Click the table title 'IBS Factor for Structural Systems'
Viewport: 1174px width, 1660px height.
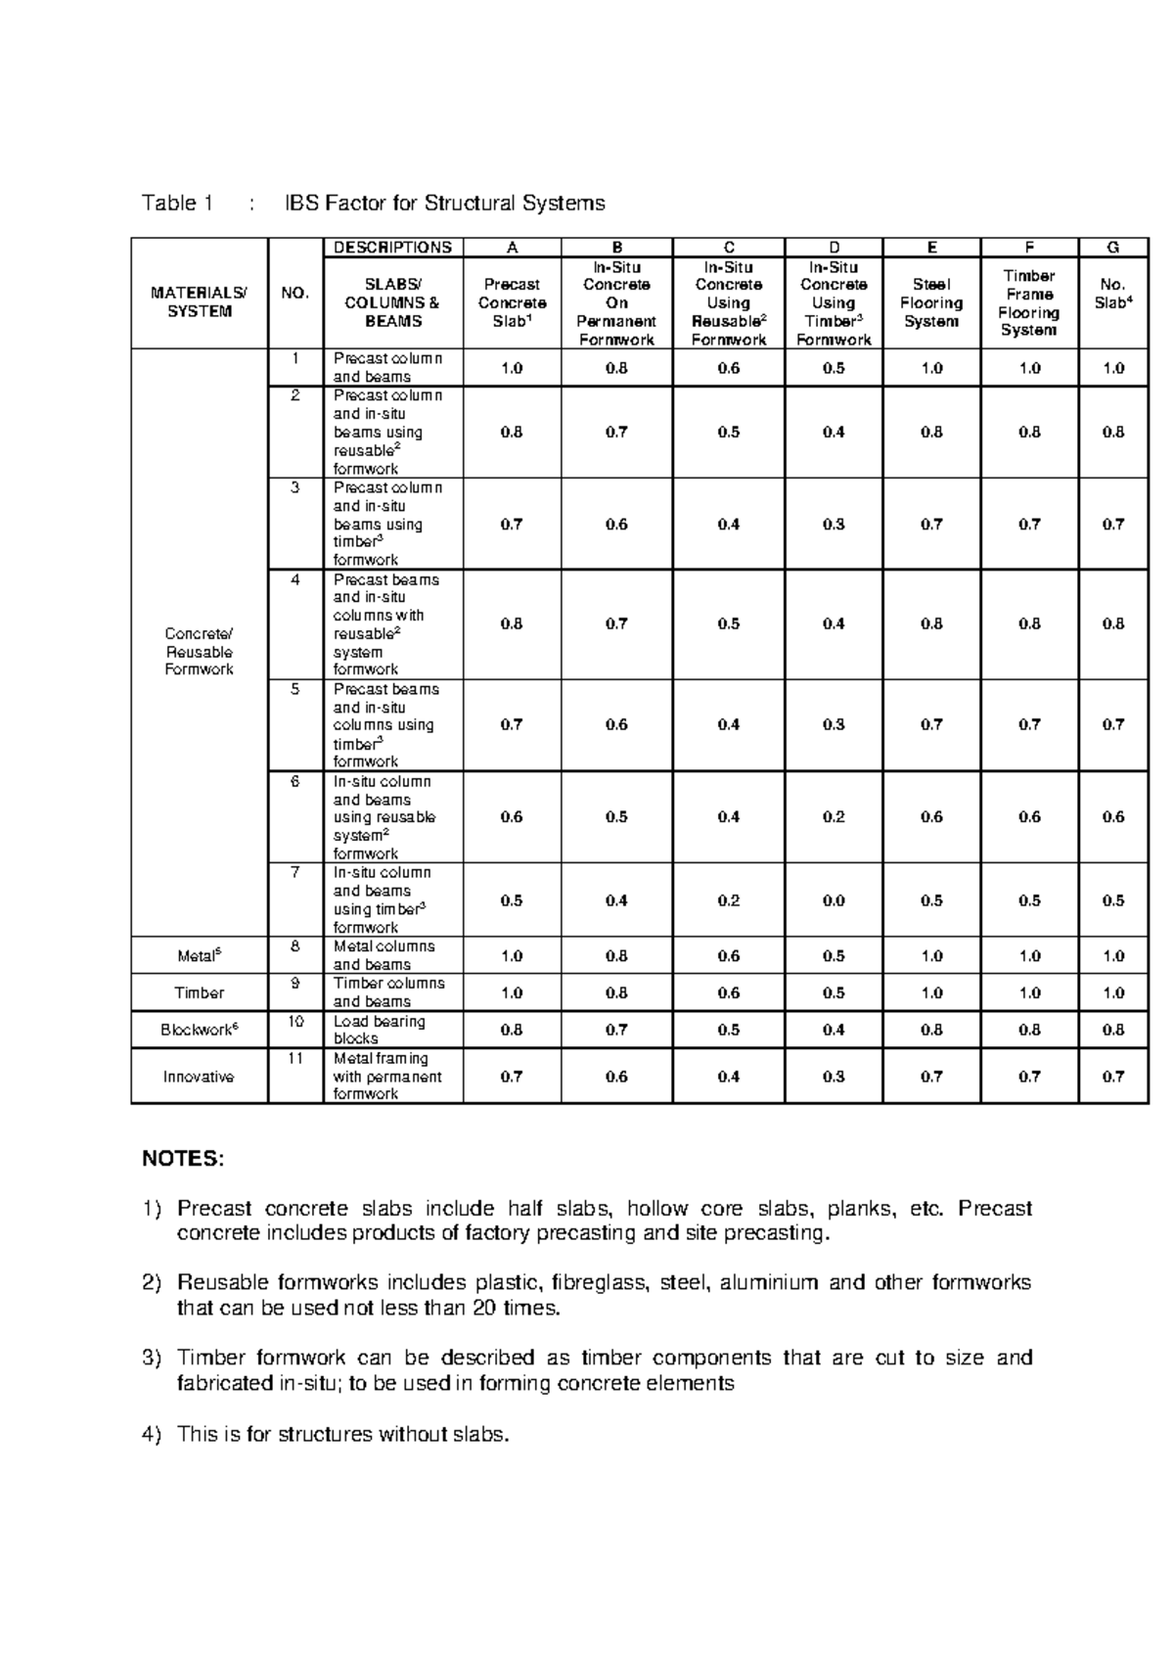coord(444,204)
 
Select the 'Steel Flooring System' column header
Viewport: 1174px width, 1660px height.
coord(931,302)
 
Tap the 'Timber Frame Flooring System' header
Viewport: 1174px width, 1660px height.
coord(1029,302)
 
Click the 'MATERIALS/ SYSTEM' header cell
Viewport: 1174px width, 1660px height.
coord(199,302)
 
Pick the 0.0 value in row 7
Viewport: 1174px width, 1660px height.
coord(834,900)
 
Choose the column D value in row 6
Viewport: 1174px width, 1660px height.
coord(834,817)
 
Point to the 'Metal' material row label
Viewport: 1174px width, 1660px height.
coord(199,956)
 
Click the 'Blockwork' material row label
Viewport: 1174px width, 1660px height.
coord(199,1030)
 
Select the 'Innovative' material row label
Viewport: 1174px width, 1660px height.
coord(199,1077)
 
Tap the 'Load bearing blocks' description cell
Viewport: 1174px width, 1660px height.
coord(380,1030)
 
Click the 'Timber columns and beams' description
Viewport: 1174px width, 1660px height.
coord(388,992)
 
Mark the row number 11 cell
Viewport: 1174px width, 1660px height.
coord(295,1059)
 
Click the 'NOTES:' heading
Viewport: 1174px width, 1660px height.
coord(183,1160)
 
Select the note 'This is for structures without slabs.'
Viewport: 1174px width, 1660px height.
coord(343,1435)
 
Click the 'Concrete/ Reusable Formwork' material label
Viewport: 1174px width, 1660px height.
coord(199,652)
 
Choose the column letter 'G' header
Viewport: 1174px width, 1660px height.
coord(1113,248)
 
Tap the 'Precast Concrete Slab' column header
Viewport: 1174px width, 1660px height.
coord(512,302)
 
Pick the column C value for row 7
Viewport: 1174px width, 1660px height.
coord(729,900)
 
